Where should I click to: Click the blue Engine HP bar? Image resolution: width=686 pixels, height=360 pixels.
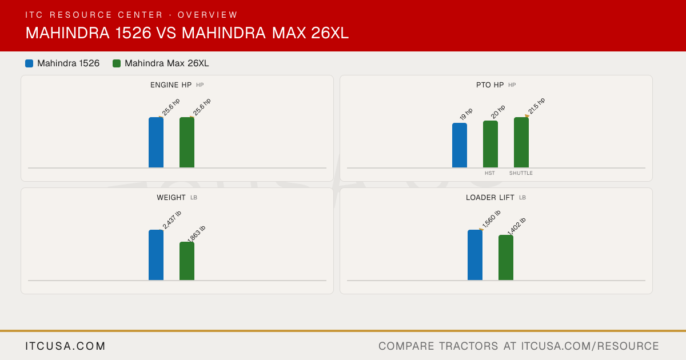[x=156, y=142]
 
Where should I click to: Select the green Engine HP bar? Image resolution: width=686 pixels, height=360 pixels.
[x=187, y=142]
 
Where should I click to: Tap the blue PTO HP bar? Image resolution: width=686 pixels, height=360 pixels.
[x=460, y=145]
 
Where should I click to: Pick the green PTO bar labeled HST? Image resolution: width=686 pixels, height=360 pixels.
[x=490, y=144]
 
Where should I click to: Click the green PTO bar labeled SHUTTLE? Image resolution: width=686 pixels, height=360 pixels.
[x=521, y=142]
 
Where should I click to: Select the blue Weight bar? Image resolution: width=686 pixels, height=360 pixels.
[x=156, y=255]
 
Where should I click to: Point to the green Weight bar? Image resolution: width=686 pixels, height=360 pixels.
[x=187, y=261]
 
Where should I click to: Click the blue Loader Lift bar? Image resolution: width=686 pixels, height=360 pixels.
[x=475, y=255]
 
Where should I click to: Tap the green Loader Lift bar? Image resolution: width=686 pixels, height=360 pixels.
[x=506, y=258]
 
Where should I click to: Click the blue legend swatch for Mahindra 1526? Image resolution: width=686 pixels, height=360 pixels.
[x=29, y=63]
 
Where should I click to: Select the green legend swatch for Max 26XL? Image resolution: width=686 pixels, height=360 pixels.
[x=117, y=63]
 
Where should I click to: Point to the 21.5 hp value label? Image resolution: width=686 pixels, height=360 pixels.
[x=537, y=106]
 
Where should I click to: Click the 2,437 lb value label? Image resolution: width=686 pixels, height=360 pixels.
[x=172, y=220]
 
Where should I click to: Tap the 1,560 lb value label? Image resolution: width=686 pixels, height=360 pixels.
[x=491, y=219]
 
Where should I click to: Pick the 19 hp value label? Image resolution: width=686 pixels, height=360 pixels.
[x=466, y=114]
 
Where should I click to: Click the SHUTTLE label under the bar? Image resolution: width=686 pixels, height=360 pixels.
[x=521, y=173]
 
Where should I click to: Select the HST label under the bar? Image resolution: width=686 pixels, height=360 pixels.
[x=490, y=173]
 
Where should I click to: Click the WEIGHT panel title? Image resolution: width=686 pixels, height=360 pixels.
[x=171, y=198]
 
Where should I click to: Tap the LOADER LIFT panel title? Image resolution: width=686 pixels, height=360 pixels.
[x=490, y=198]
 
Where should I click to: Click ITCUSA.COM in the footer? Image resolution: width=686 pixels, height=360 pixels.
[x=65, y=346]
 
